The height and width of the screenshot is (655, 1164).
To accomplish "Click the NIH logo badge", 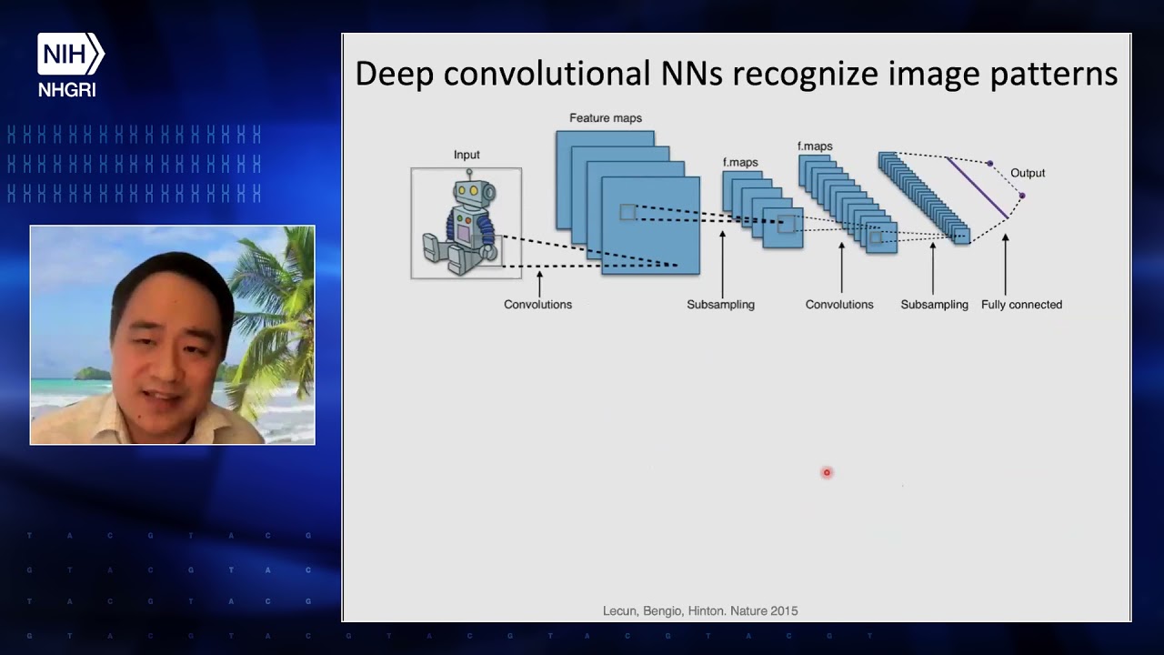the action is click(x=71, y=54).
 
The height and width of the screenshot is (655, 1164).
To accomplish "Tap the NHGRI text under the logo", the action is click(x=67, y=90).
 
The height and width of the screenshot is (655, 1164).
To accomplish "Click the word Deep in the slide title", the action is click(x=395, y=74).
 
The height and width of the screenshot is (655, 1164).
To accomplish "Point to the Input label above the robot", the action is click(x=467, y=155).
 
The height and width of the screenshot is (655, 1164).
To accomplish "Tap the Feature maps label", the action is click(x=606, y=118).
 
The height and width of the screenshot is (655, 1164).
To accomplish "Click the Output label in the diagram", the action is click(x=1028, y=173).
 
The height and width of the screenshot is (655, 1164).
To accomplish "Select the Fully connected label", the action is click(x=1021, y=305).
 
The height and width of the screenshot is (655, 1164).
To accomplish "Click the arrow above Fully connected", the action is click(x=1006, y=265).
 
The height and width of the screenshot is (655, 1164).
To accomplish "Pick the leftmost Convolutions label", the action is click(x=537, y=305).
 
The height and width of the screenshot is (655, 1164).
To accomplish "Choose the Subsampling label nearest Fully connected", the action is click(x=934, y=305).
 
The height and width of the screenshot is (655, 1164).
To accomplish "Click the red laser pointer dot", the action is click(x=827, y=472).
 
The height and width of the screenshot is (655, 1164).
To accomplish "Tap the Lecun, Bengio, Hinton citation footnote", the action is click(x=700, y=611).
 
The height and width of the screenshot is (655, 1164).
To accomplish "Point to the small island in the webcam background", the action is click(x=93, y=373).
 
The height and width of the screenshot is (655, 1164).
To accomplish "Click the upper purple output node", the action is click(x=990, y=164).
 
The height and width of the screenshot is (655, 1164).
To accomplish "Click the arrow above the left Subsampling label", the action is click(x=722, y=264).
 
